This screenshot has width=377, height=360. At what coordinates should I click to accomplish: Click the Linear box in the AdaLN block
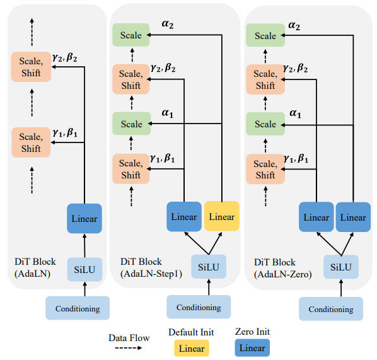pos(84,219)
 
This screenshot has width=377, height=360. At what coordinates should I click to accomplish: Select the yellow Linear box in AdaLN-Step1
pos(222,217)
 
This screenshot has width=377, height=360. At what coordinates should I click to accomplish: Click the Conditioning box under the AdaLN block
pos(77,308)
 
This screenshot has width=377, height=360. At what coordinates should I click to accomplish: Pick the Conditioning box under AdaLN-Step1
pos(199,307)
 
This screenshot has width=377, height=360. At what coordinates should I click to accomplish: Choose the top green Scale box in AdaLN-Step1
pos(130,35)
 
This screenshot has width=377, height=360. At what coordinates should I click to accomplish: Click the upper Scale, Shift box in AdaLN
pos(30,67)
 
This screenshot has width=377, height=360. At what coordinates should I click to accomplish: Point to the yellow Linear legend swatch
pos(190,348)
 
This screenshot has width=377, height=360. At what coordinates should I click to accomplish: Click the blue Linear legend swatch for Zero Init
pos(252,348)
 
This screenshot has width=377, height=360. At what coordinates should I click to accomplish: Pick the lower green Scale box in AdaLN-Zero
pos(264,125)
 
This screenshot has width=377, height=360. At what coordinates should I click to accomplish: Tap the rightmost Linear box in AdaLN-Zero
pos(352,218)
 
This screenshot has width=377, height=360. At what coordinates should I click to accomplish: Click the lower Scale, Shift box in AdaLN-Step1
pos(130,170)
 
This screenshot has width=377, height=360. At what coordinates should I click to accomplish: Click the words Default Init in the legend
pos(190,332)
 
